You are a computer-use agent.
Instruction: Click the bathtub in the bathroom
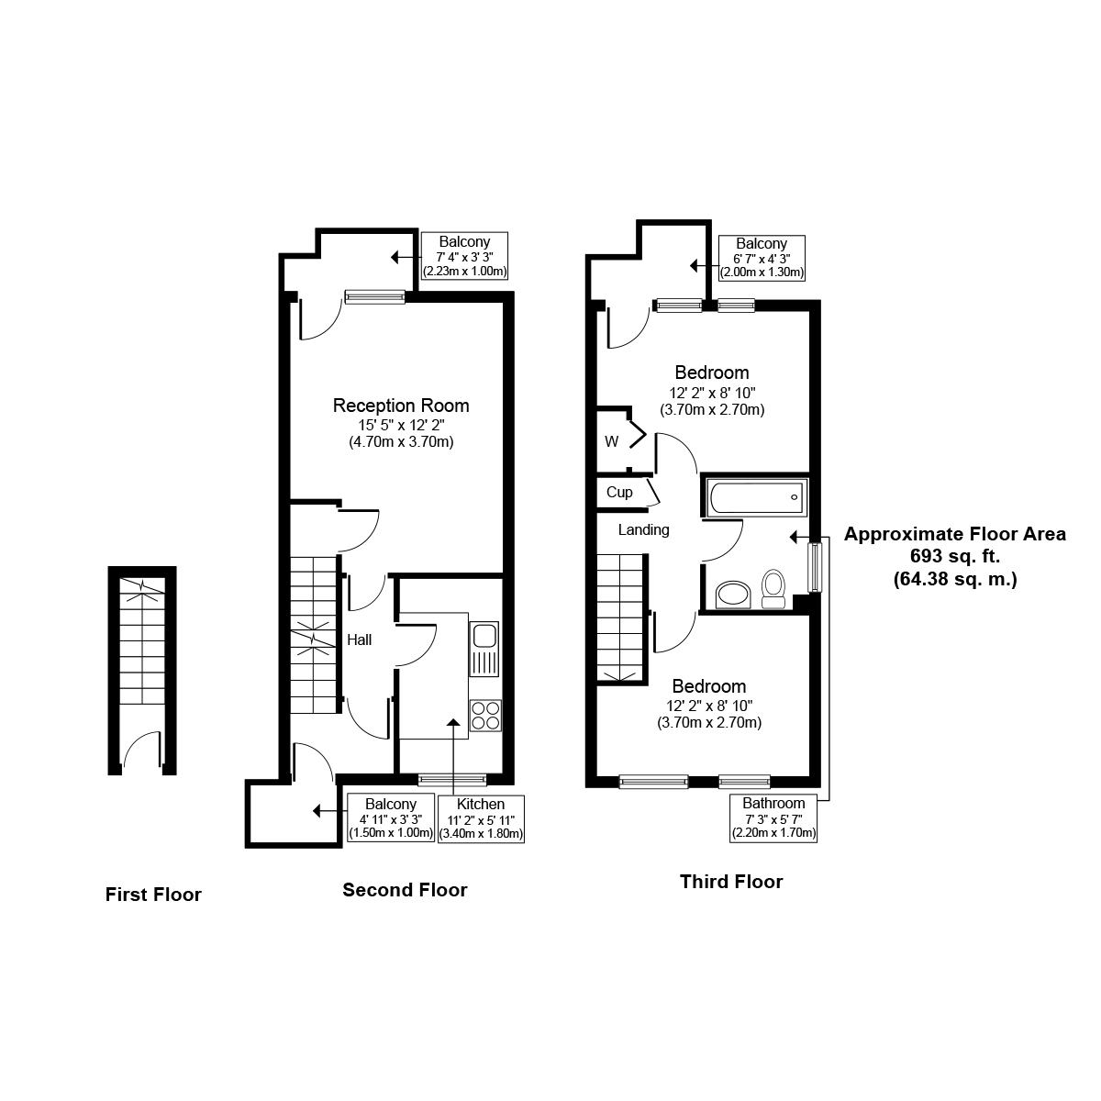pyautogui.click(x=756, y=497)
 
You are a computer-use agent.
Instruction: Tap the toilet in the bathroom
pyautogui.click(x=773, y=588)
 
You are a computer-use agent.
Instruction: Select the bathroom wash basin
pyautogui.click(x=733, y=595)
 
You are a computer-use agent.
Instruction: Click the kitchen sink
pyautogui.click(x=484, y=648)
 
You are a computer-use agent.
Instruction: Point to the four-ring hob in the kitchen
pyautogui.click(x=485, y=716)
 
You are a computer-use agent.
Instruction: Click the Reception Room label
pyautogui.click(x=401, y=406)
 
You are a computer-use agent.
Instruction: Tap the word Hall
pyautogui.click(x=360, y=639)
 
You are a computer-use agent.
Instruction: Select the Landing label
pyautogui.click(x=643, y=529)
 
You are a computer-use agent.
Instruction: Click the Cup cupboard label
pyautogui.click(x=619, y=492)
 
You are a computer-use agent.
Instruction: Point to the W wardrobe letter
pyautogui.click(x=611, y=441)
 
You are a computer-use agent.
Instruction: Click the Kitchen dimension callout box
pyautogui.click(x=481, y=818)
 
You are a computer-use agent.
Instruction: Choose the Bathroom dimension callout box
pyautogui.click(x=773, y=818)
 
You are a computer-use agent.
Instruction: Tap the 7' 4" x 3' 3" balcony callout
pyautogui.click(x=464, y=255)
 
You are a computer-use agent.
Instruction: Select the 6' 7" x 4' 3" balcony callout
pyautogui.click(x=762, y=258)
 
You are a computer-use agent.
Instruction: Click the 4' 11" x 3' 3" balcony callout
pyautogui.click(x=391, y=818)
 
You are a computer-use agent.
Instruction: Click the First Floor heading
pyautogui.click(x=153, y=895)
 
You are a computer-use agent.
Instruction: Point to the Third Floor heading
pyautogui.click(x=731, y=881)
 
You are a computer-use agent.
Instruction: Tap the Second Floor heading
pyautogui.click(x=405, y=890)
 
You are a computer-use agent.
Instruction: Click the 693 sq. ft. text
pyautogui.click(x=955, y=556)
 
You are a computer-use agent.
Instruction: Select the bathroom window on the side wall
pyautogui.click(x=814, y=567)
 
